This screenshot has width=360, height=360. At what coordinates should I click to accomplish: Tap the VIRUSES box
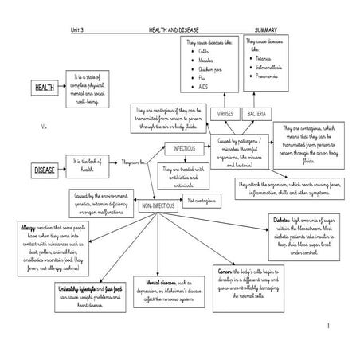coord(227,115)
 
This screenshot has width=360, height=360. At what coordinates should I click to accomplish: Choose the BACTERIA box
coord(256,115)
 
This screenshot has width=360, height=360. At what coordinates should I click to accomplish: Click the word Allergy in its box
coord(26,227)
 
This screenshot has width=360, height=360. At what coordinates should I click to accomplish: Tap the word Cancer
coord(225,272)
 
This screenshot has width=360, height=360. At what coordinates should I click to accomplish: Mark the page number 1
coord(327,326)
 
